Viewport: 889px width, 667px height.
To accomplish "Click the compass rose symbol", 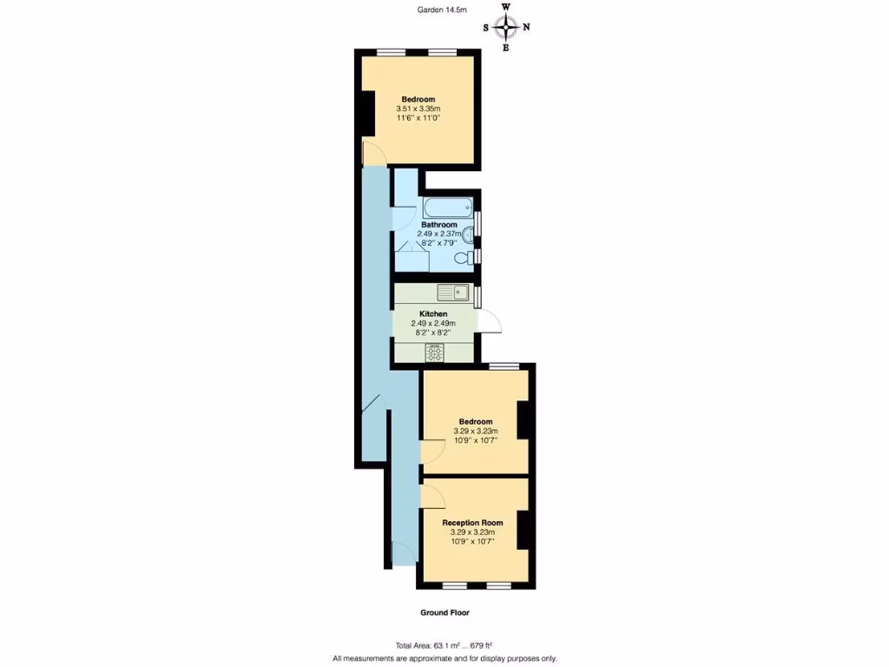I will [506, 28].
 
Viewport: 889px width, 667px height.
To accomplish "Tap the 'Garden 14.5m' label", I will [440, 10].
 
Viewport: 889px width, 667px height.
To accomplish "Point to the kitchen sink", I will [452, 293].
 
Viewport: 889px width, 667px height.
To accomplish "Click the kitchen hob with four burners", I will [433, 353].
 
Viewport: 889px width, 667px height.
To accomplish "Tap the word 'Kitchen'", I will [433, 314].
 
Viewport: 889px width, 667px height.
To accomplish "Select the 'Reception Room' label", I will [472, 523].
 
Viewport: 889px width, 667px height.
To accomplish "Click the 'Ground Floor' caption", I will [444, 612].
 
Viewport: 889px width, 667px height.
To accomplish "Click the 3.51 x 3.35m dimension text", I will [418, 109].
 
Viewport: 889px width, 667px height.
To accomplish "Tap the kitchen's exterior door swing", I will [490, 321].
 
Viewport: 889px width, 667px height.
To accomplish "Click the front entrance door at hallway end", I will [403, 554].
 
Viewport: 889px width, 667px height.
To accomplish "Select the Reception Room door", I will [432, 497].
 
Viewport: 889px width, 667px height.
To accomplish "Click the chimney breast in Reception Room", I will [524, 531].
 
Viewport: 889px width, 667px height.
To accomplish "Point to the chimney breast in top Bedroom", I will [367, 113].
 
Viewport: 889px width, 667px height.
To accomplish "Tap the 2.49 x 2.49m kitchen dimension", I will [433, 323].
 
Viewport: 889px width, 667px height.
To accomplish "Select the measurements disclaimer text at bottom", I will [444, 658].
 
